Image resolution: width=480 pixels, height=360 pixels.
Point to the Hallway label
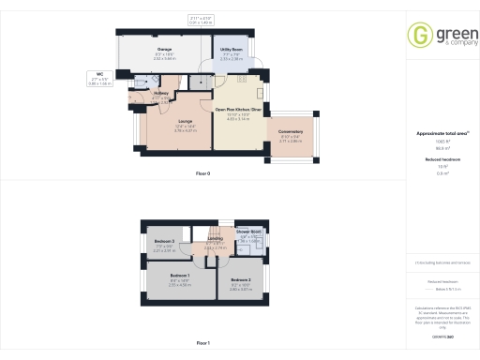pyautogui.click(x=161, y=93)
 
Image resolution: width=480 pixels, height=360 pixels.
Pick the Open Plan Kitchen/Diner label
pyautogui.click(x=238, y=110)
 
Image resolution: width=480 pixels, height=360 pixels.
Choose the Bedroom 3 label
pyautogui.click(x=164, y=242)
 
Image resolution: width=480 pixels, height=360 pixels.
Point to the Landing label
pyautogui.click(x=215, y=238)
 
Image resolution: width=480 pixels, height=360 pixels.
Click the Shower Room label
pyautogui.click(x=248, y=231)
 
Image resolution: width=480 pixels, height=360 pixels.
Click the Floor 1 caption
pyautogui.click(x=202, y=342)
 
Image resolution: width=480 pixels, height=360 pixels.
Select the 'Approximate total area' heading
pyautogui.click(x=441, y=133)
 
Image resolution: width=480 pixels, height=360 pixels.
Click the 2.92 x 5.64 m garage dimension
pyautogui.click(x=164, y=58)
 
